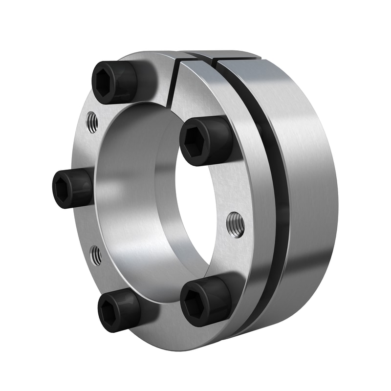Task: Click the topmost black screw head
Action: pos(115,82)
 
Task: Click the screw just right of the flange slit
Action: pos(206,141)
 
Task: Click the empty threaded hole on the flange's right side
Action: pos(236,224)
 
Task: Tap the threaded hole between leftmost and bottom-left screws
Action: pos(96,255)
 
